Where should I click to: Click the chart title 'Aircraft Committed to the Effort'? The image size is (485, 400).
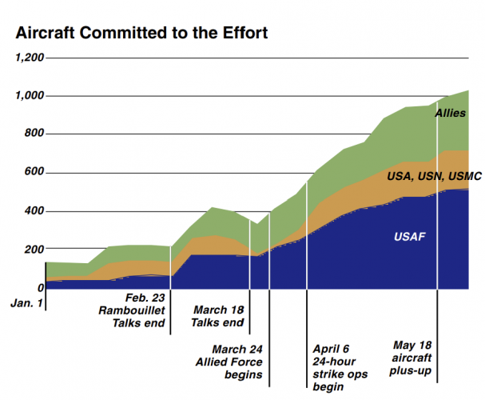141,34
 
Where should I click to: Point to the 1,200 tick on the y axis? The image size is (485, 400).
30,58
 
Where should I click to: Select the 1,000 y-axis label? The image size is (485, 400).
30,96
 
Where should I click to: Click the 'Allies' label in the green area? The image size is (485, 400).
450,114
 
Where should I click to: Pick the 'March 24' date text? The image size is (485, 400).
237,349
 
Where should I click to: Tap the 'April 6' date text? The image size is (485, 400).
331,349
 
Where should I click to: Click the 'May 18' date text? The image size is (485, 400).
412,346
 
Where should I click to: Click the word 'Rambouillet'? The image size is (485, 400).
132,310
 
